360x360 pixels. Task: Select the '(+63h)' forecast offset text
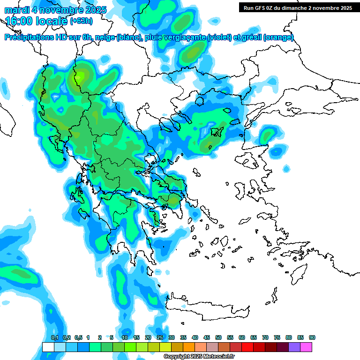point(81,21)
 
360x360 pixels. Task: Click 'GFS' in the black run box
point(261,8)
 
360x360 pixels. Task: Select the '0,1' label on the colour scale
point(54,337)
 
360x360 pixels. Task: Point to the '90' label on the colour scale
point(312,337)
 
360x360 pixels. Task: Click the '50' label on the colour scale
point(218,337)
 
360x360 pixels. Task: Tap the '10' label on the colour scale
point(125,337)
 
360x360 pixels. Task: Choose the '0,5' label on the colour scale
point(78,337)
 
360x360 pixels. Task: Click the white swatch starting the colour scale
point(48,347)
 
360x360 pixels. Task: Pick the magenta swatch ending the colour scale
point(306,347)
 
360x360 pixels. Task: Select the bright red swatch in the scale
point(247,347)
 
